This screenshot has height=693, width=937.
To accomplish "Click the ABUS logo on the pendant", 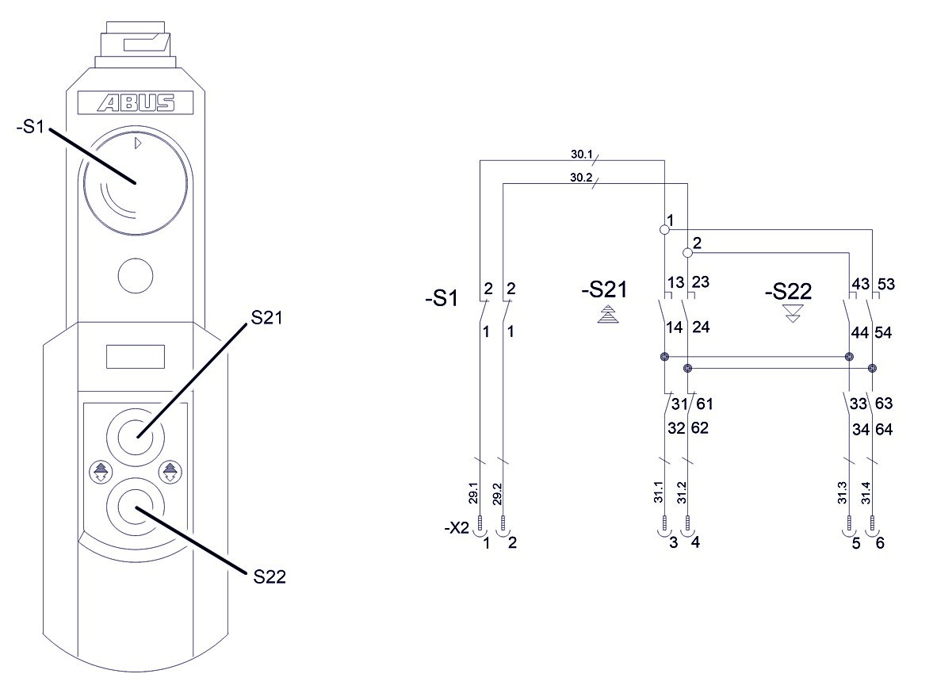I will [x=136, y=103].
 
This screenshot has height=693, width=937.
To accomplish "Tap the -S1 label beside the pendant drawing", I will [x=31, y=127].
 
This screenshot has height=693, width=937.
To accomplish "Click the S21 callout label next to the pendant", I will [x=267, y=317].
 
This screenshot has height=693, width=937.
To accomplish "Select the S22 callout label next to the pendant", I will [x=270, y=576].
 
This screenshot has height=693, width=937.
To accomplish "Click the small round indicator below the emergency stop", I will [x=135, y=274].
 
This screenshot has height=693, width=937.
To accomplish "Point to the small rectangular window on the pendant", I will [x=135, y=356].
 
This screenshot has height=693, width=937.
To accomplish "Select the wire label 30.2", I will [x=582, y=178].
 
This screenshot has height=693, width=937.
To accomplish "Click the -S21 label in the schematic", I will [x=604, y=291].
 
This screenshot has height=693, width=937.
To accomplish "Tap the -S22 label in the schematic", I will [x=789, y=292].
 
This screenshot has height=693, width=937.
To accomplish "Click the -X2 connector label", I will [x=457, y=527].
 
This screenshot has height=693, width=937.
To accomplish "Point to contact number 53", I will [x=885, y=284].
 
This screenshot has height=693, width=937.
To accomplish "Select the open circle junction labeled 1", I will [x=664, y=229].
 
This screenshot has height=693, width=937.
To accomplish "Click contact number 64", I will [x=884, y=429].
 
